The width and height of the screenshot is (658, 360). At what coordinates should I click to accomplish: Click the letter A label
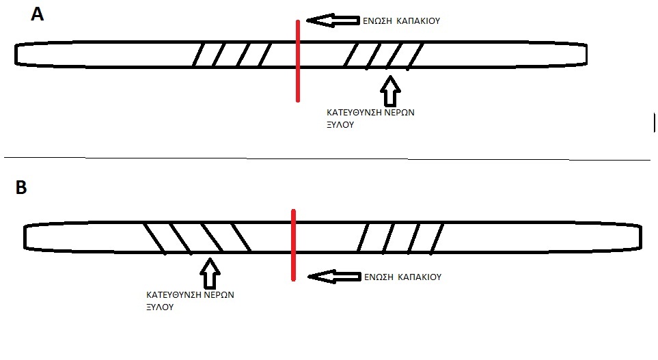click(x=38, y=14)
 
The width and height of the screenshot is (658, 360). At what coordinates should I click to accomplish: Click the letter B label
click(x=22, y=189)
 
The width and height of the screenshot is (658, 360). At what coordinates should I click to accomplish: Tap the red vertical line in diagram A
click(x=297, y=61)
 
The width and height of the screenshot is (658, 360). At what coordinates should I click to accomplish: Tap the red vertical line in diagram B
click(x=292, y=245)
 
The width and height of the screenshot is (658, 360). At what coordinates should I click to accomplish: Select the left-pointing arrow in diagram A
click(x=332, y=20)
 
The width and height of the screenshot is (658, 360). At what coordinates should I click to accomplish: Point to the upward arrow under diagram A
click(x=389, y=90)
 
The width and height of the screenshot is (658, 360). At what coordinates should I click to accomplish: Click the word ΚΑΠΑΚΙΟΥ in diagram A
click(x=420, y=21)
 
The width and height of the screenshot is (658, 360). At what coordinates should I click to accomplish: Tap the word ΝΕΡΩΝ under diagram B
click(x=219, y=296)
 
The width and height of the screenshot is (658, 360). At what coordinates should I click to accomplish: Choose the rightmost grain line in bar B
click(x=437, y=238)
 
